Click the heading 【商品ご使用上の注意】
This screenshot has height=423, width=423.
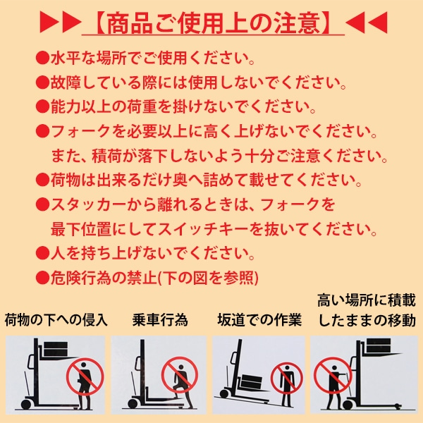click(x=213, y=23)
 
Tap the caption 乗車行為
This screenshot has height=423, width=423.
click(x=160, y=320)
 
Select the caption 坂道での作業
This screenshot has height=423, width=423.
click(x=259, y=320)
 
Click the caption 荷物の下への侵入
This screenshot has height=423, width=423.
click(x=56, y=320)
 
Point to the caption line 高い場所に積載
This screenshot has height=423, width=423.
click(x=367, y=300)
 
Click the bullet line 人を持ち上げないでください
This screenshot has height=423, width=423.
click(x=152, y=253)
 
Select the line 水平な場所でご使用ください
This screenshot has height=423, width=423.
click(x=152, y=58)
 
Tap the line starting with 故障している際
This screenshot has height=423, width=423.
click(x=198, y=82)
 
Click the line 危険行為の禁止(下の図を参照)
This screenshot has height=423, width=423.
click(x=154, y=278)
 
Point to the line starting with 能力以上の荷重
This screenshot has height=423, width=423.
click(x=183, y=107)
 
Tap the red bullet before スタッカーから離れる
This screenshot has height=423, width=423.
click(x=42, y=204)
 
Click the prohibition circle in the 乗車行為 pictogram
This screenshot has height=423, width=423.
click(x=180, y=375)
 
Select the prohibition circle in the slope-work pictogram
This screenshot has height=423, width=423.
click(x=287, y=378)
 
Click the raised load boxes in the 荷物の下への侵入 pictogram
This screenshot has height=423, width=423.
click(x=56, y=349)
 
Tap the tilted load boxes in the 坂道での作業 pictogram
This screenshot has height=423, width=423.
click(x=252, y=382)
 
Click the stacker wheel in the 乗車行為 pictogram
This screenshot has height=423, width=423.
click(x=133, y=404)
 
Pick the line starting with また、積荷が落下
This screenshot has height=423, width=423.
click(x=219, y=156)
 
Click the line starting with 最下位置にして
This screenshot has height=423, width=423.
click(x=214, y=229)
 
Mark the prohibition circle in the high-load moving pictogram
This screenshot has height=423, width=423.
click(x=333, y=375)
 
